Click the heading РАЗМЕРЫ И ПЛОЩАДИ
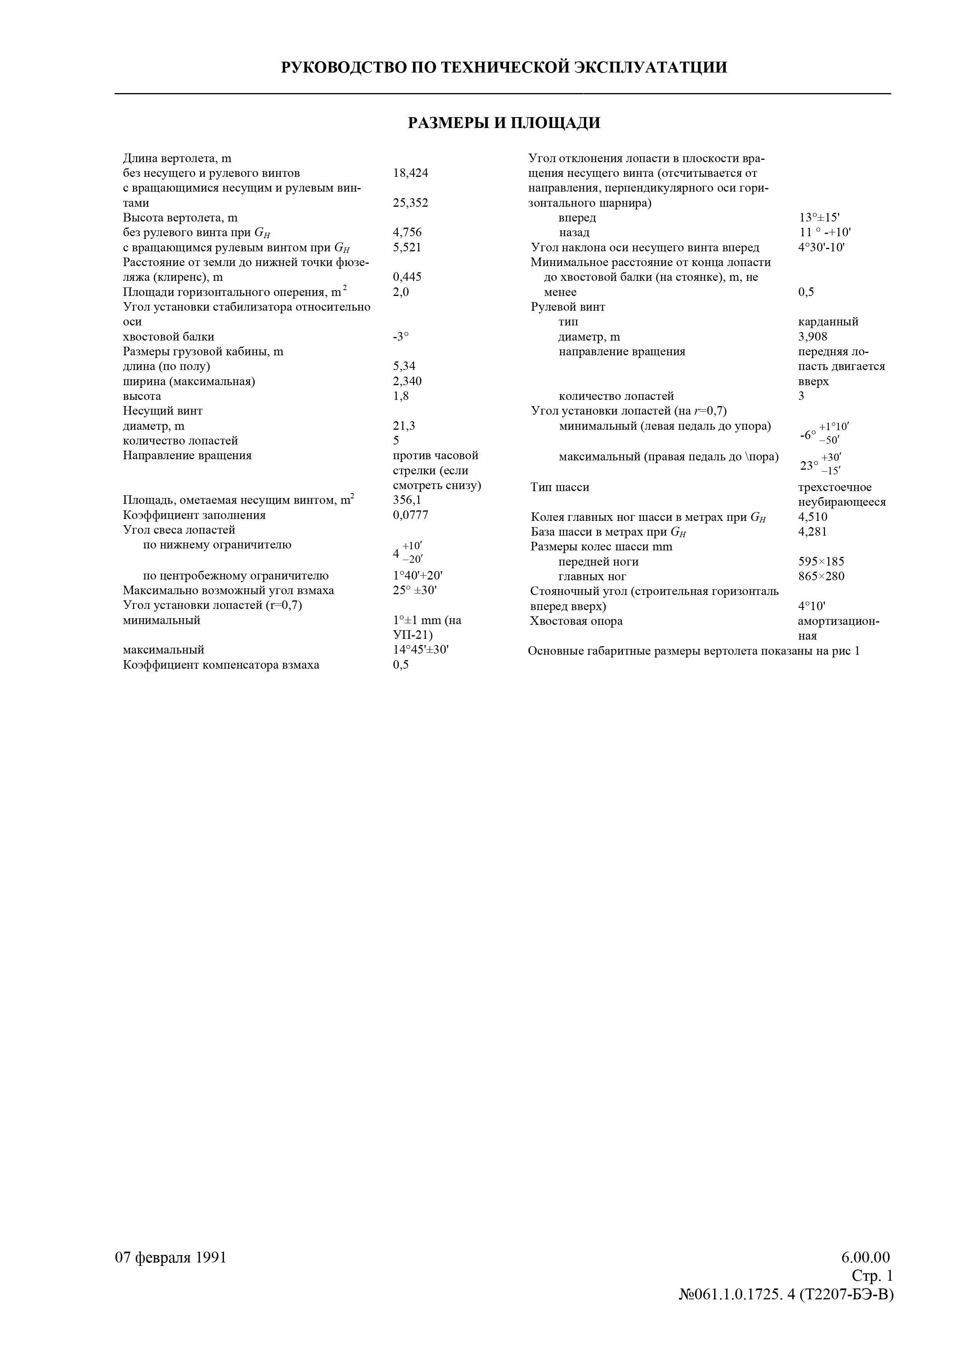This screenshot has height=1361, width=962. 504,123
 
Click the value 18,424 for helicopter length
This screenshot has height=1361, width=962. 410,173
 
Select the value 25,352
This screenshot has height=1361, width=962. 410,203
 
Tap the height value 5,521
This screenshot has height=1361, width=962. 407,247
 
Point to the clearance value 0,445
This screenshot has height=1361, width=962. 407,277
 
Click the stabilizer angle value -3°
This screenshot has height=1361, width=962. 401,337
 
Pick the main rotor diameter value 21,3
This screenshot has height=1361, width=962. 404,425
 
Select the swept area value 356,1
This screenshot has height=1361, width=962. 407,500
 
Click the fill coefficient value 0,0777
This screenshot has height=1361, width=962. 410,515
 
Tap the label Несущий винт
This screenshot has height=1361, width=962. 163,411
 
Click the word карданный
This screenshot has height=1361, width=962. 828,322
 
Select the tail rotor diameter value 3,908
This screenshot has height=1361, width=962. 813,337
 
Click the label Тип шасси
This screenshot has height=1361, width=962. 559,487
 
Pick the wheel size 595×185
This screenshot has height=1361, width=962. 821,561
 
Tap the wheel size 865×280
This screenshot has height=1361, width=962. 821,576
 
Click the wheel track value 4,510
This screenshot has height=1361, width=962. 813,517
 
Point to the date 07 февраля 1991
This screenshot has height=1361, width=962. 171,1257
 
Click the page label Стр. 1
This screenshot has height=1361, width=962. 872,1276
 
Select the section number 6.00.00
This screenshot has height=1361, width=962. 865,1257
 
